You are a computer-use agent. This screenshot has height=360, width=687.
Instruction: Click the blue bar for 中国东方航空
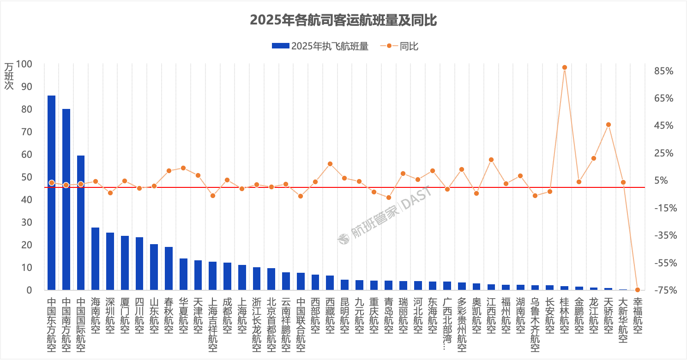coord(51,193)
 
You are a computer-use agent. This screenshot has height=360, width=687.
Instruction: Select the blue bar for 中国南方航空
coord(66,199)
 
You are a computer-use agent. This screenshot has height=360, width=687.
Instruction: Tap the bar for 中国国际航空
coord(81,223)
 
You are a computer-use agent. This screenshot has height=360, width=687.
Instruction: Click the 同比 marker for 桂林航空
coord(564,67)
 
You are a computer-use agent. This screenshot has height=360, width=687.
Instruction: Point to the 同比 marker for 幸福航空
coord(638,290)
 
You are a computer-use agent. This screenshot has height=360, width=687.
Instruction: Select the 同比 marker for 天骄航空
coord(608,125)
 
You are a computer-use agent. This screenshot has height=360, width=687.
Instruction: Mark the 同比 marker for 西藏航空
coord(330,164)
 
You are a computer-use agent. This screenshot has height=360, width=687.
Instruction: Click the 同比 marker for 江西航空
coord(491,160)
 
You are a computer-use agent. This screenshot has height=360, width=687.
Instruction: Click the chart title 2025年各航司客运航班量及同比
coord(343,20)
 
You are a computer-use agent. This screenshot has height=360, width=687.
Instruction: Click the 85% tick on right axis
coord(663,71)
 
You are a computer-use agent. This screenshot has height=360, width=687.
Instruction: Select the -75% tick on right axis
coord(663,290)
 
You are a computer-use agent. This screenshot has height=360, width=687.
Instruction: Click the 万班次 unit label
coord(9,76)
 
